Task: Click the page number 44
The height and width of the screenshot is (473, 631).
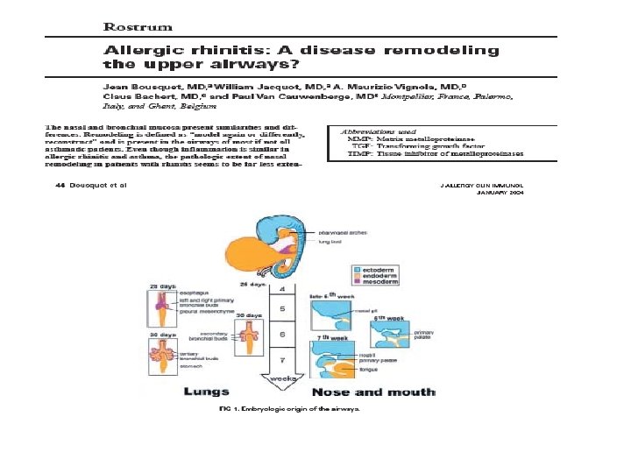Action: [x=60, y=187]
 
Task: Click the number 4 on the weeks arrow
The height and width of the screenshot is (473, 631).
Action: [x=281, y=288]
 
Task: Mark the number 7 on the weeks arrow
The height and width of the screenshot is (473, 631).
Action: [x=281, y=361]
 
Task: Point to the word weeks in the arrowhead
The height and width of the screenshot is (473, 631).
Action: [x=281, y=378]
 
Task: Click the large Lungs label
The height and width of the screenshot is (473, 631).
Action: [x=206, y=392]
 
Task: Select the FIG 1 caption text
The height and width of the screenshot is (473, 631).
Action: [x=288, y=408]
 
